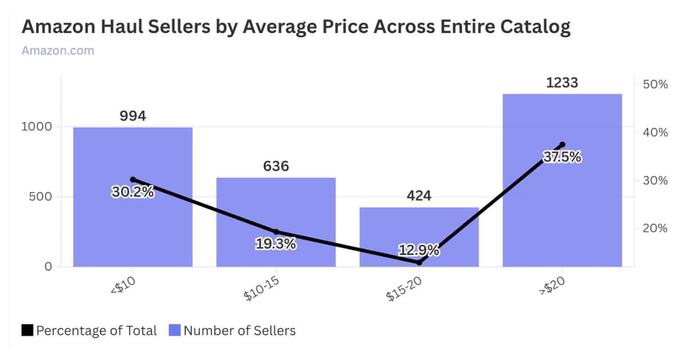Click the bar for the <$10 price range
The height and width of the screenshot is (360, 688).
point(132,229)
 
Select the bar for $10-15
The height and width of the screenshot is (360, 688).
point(276,206)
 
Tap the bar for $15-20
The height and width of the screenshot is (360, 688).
point(419,229)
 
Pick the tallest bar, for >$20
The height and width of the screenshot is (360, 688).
point(562,218)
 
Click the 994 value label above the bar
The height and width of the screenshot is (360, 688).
point(133,116)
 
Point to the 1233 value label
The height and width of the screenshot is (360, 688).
point(562,83)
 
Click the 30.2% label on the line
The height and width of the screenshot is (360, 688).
point(132,192)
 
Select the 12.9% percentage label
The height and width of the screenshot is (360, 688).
point(419,250)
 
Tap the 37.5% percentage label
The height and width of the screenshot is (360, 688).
point(562,157)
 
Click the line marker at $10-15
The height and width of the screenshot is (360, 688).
point(276,232)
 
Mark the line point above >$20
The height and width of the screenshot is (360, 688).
point(562,144)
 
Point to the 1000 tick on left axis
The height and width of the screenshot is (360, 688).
point(37,127)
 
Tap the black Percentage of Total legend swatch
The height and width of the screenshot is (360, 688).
point(28,331)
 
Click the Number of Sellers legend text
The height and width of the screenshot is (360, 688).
point(240,331)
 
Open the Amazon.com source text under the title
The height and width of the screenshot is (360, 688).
point(57,50)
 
